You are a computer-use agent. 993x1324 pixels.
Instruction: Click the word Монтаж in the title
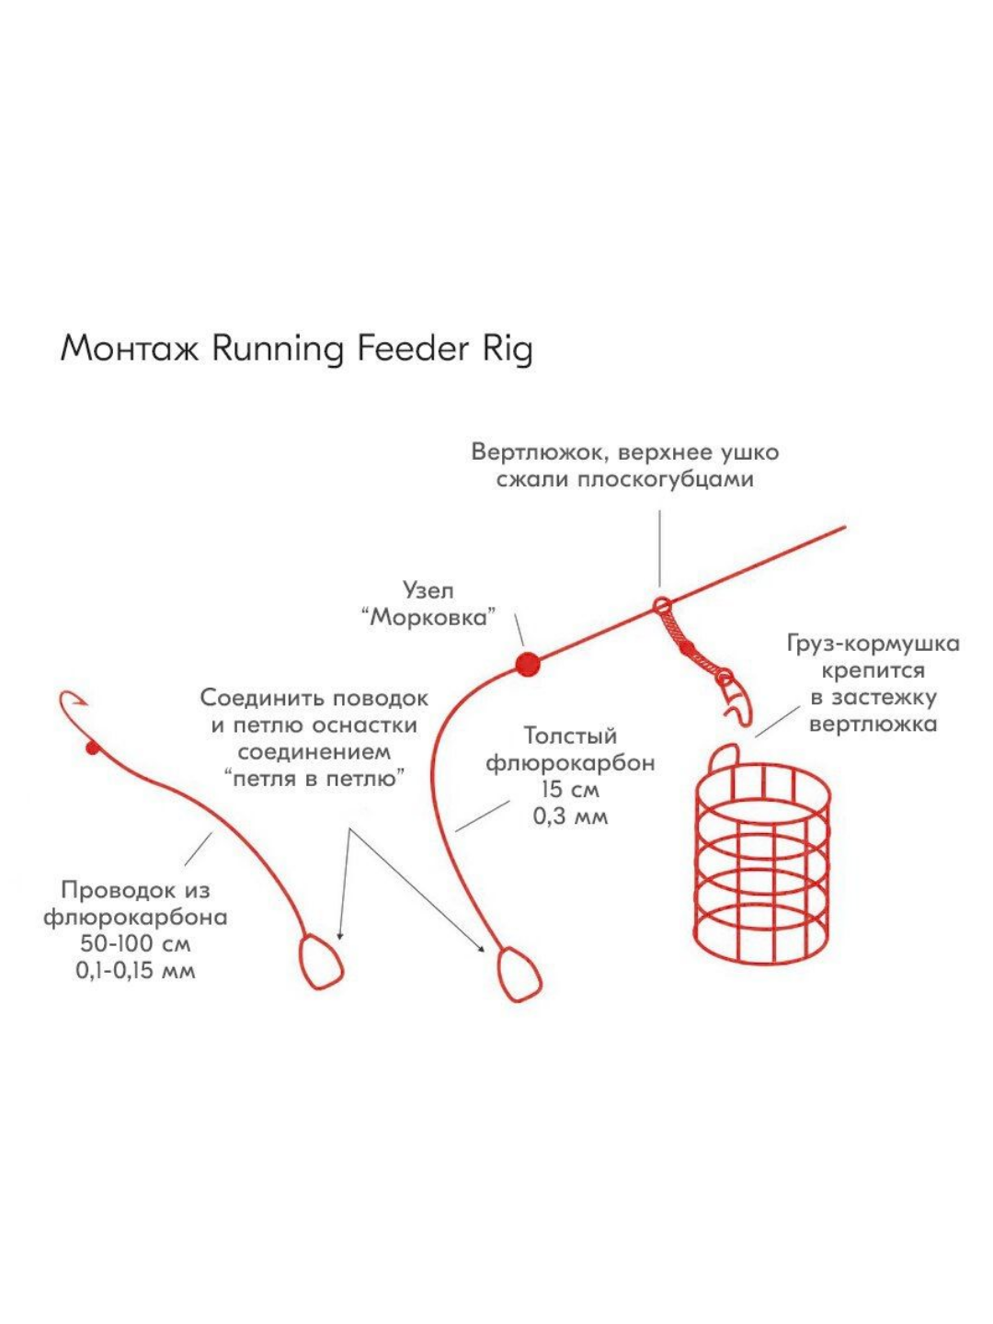[x=129, y=348]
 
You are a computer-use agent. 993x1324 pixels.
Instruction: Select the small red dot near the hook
[x=91, y=748]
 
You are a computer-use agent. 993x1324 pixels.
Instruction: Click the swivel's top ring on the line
[x=660, y=605]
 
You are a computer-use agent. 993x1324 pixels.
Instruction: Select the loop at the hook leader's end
[x=321, y=962]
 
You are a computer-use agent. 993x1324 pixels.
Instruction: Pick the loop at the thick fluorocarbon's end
[x=519, y=974]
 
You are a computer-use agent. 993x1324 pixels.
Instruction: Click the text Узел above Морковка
[x=428, y=590]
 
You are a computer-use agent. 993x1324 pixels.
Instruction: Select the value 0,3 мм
[x=570, y=816]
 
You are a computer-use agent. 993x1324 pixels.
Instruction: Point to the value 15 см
[x=570, y=790]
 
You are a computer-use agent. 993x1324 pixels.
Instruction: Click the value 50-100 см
[x=136, y=944]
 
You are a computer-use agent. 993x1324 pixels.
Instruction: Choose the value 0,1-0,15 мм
[x=136, y=971]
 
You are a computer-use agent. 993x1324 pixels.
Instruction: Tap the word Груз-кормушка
[x=873, y=644]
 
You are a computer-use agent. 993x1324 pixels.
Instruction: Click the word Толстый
[x=570, y=736]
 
